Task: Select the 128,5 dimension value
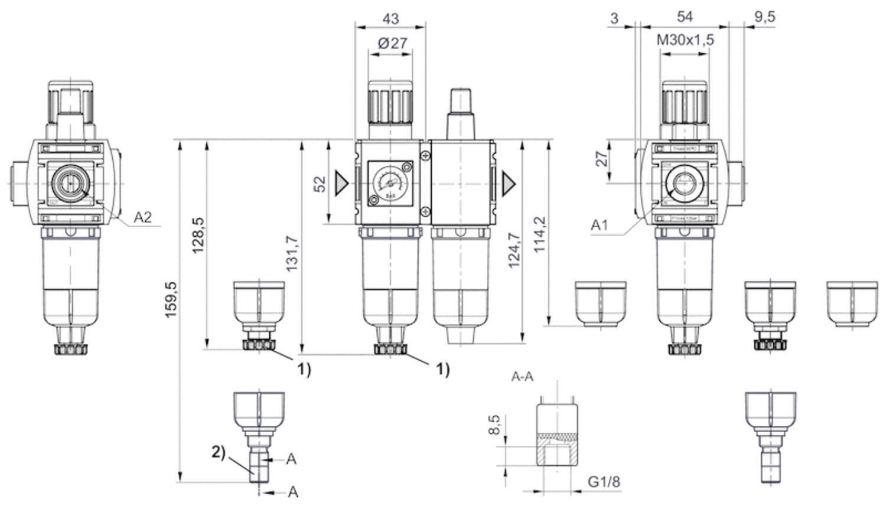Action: pos(199,236)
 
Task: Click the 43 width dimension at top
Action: pos(390,18)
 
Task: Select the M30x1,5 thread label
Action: pos(685,40)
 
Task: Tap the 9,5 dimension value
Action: pos(764,17)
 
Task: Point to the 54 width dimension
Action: pos(685,17)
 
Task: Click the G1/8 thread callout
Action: pos(604,482)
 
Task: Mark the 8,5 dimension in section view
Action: pos(495,425)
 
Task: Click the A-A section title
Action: pos(522,377)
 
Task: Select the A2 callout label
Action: pos(142,217)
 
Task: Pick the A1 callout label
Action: pos(600,225)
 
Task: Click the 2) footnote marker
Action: pos(219,452)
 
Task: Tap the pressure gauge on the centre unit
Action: pos(390,183)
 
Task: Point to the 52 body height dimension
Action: pos(320,184)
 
